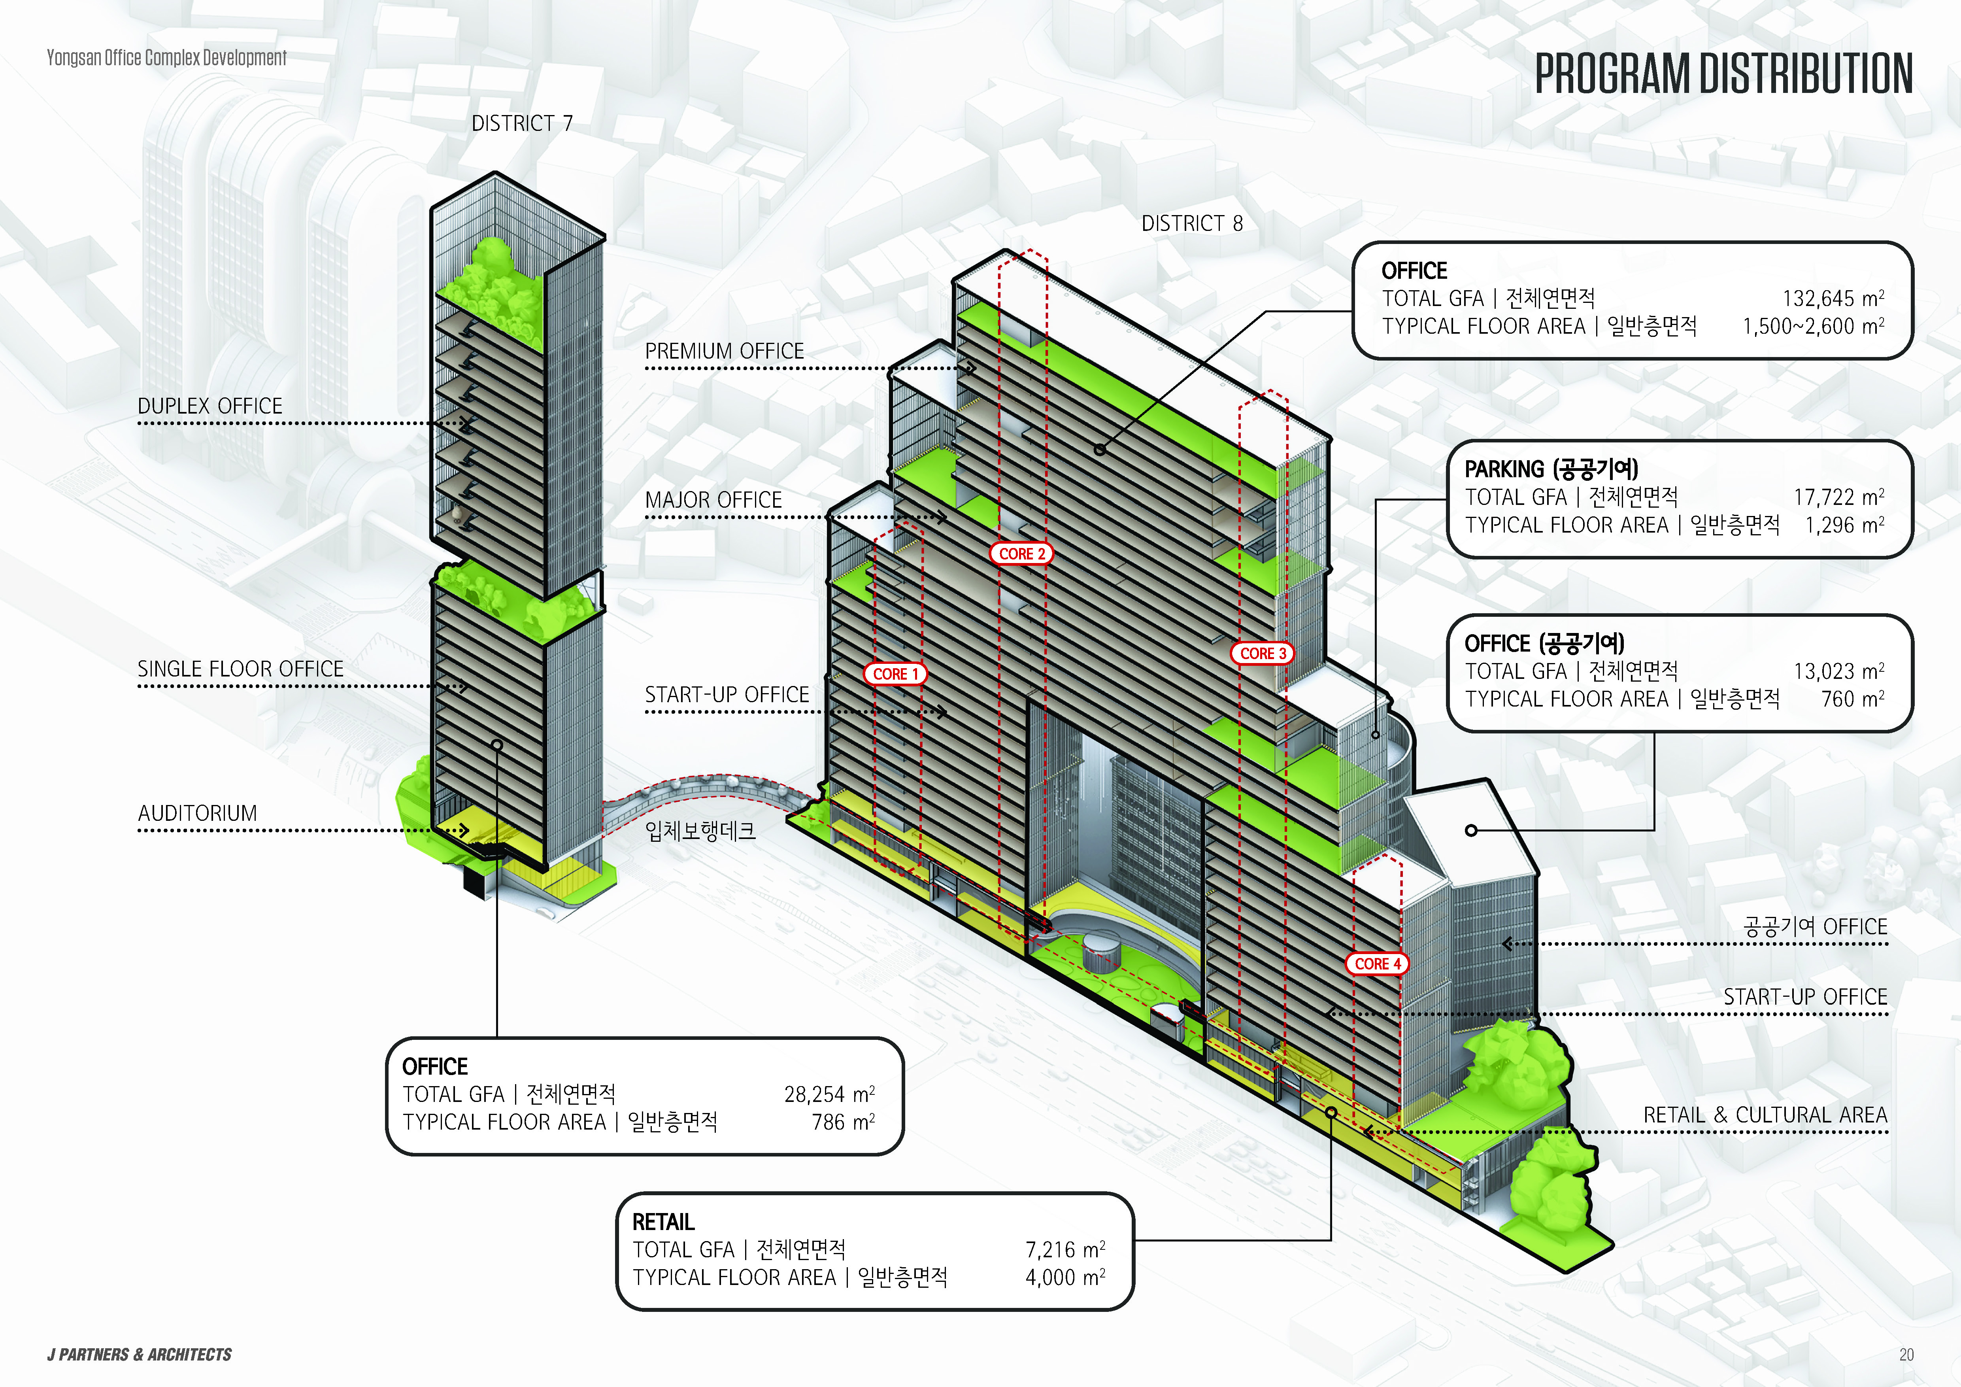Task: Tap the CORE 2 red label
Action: (1021, 554)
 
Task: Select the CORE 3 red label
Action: (1263, 653)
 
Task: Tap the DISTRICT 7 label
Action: (522, 124)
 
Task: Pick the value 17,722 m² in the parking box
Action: (1838, 497)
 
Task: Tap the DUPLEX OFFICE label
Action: (210, 406)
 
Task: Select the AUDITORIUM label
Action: (197, 813)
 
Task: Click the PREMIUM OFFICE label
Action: (724, 351)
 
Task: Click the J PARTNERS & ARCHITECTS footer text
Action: (139, 1355)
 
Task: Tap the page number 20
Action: (1906, 1355)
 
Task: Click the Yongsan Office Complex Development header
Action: (166, 58)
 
